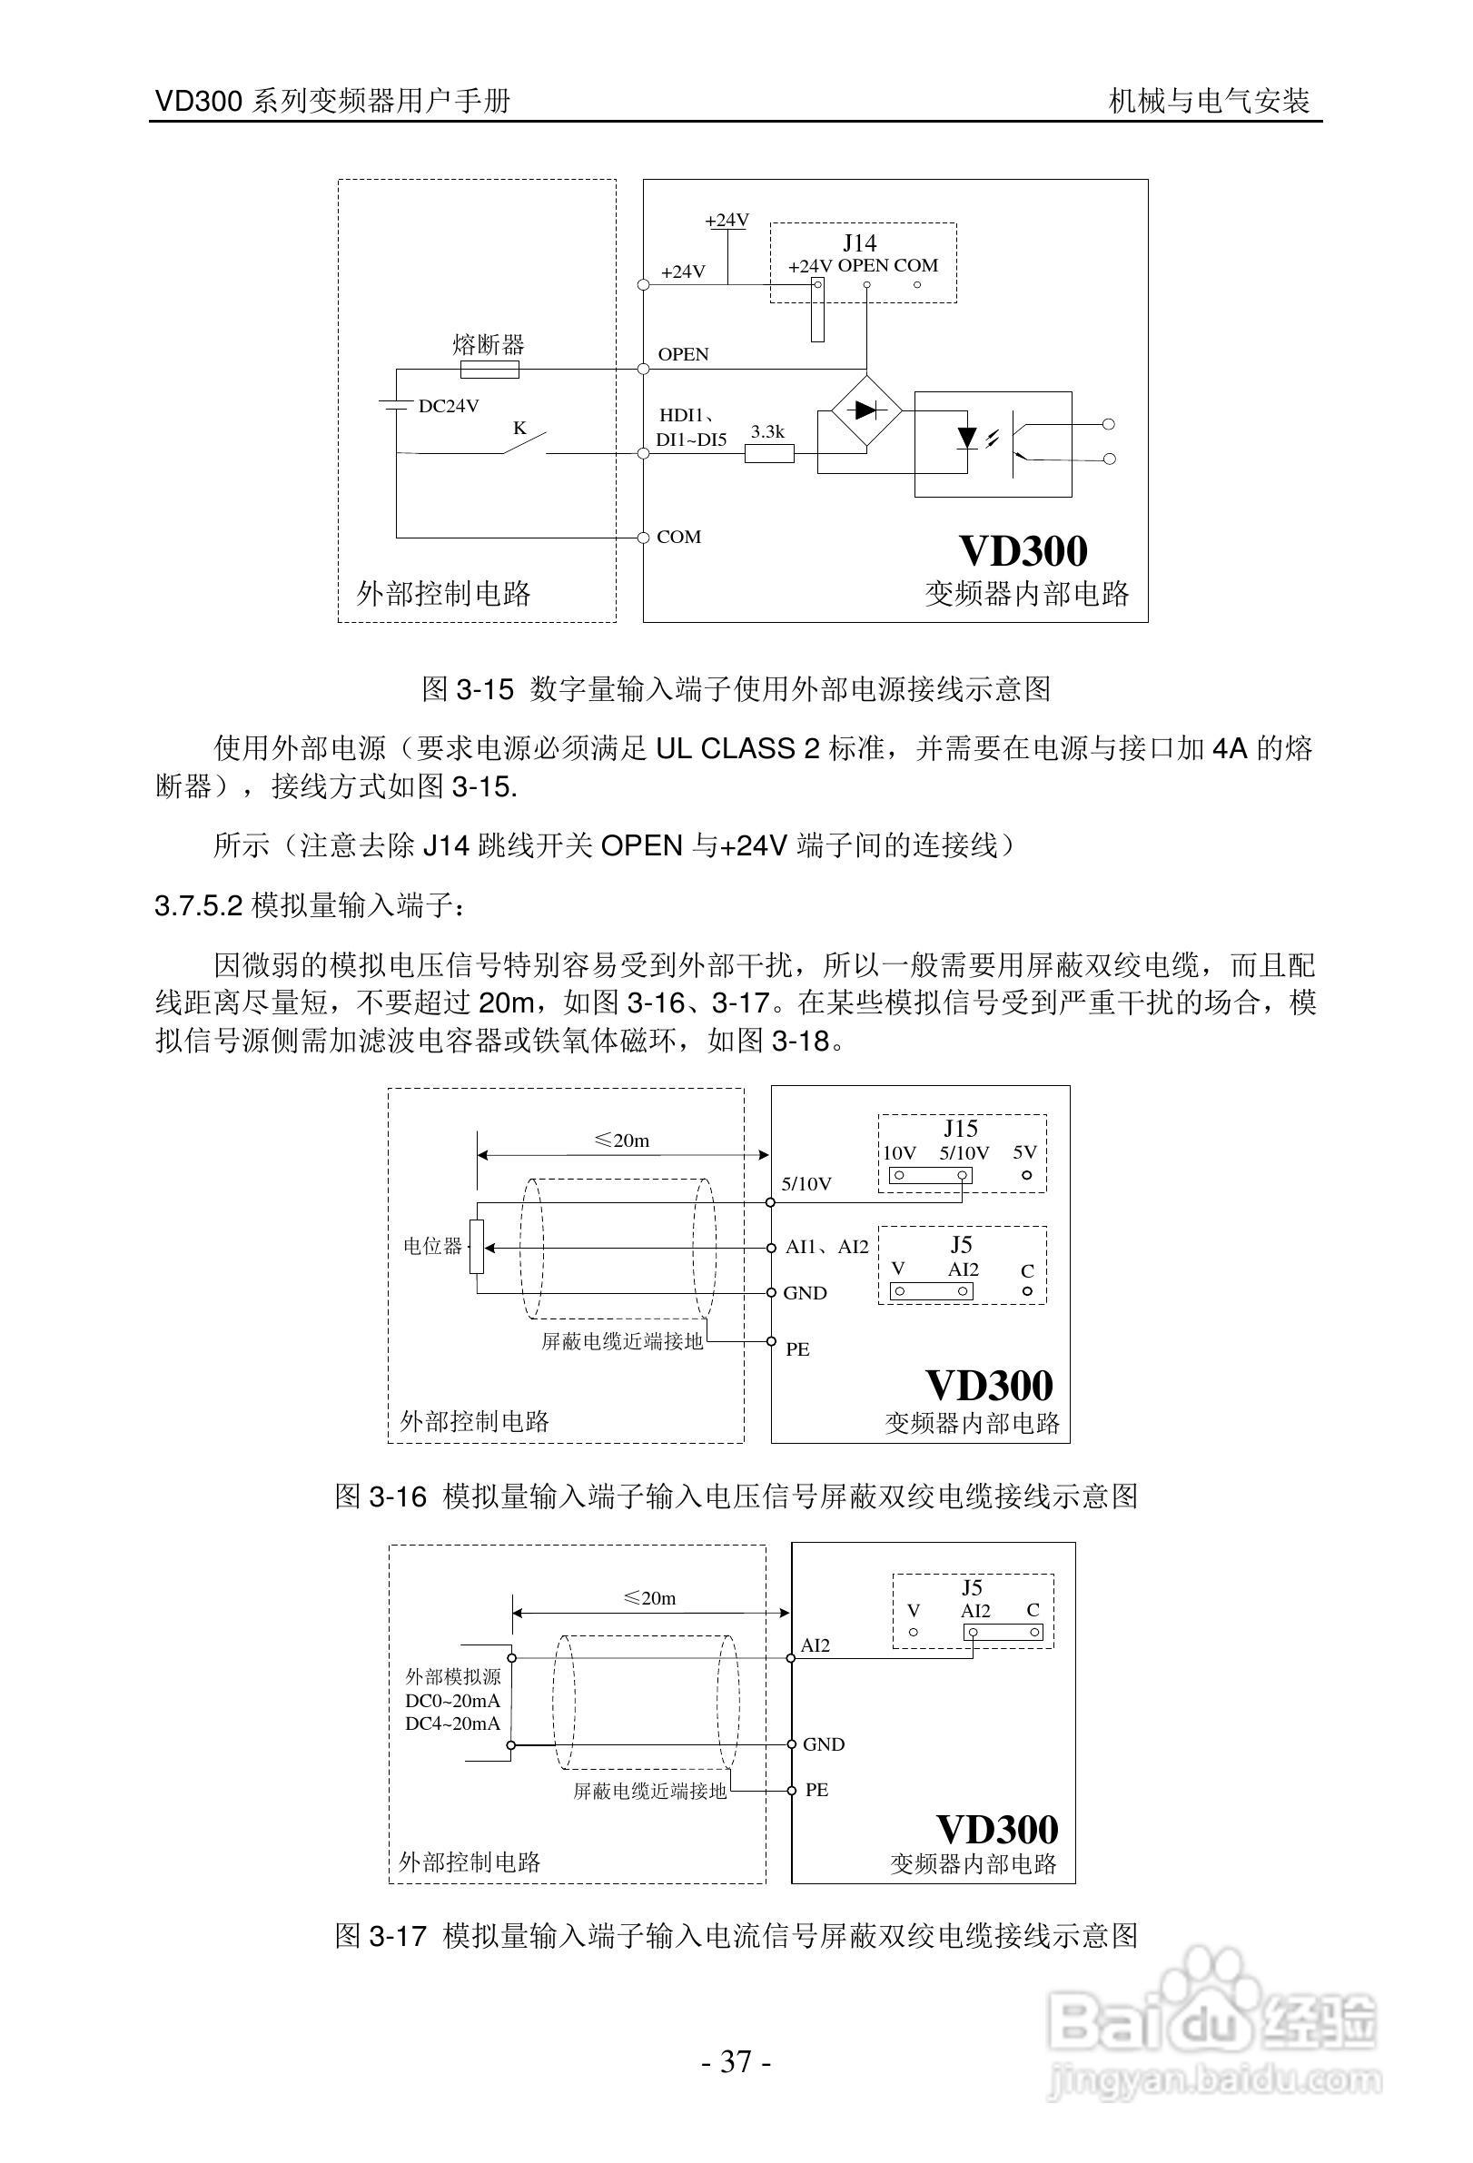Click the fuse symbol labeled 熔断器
(489, 370)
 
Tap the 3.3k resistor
(768, 453)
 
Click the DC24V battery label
(449, 406)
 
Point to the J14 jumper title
(859, 243)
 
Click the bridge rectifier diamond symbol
(865, 409)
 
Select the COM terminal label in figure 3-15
(678, 537)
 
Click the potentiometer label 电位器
(431, 1246)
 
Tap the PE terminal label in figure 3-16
(797, 1349)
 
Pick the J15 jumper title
(960, 1129)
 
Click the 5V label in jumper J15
(1024, 1152)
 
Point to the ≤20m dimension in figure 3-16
(621, 1141)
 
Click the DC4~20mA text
(453, 1723)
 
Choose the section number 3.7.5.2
(199, 905)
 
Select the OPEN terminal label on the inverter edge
(683, 355)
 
